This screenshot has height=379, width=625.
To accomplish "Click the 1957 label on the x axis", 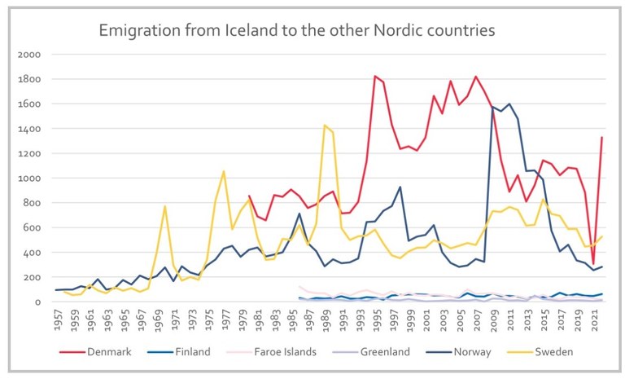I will pos(57,320).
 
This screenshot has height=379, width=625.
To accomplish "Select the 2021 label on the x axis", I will pos(594,320).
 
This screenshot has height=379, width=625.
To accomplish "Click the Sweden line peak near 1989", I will pos(325,126).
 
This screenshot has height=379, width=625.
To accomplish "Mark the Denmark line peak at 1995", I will pos(375,76).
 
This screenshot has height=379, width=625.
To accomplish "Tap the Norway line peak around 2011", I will pos(509,104).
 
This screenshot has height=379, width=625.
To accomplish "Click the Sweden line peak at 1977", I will pos(224,171).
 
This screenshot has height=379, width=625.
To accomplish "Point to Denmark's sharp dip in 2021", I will pos(594,265).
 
